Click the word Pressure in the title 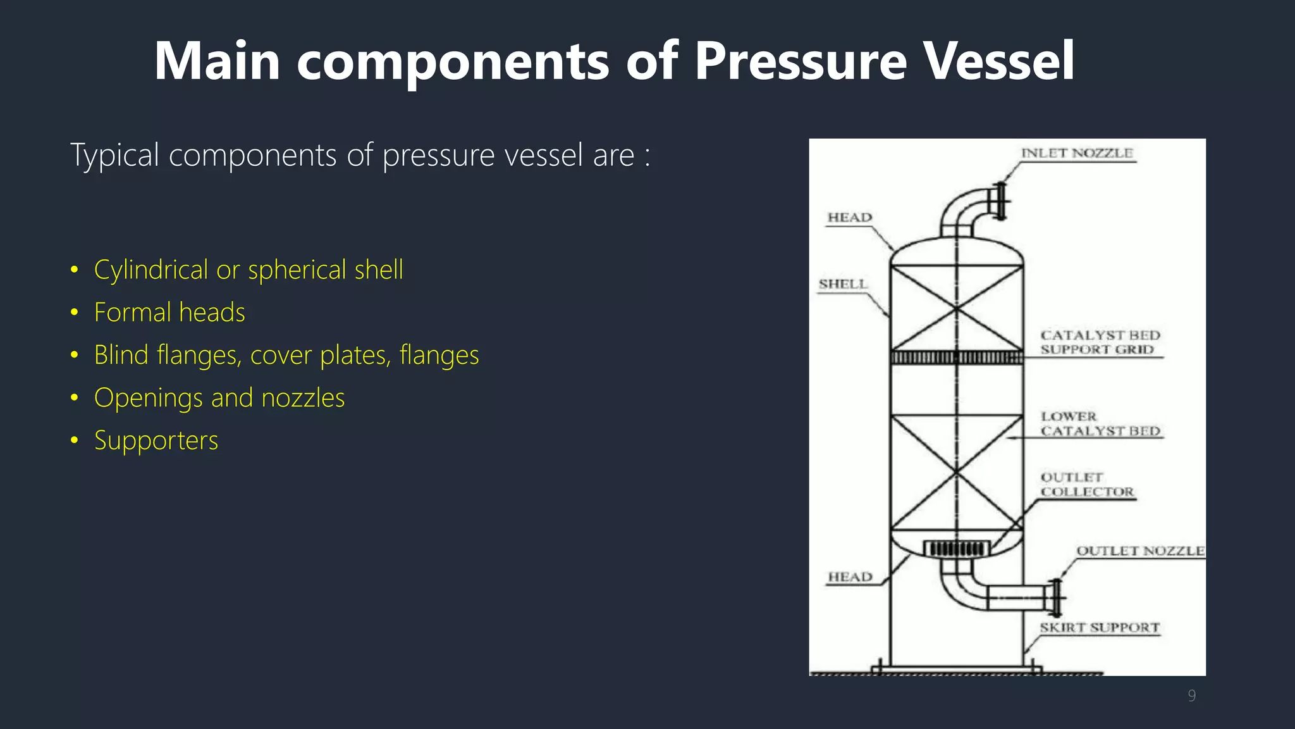[x=801, y=61]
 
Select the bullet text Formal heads [x=169, y=313]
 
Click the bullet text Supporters [x=156, y=440]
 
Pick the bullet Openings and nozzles [x=219, y=398]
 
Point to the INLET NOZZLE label [x=1077, y=153]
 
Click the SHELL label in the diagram [x=843, y=284]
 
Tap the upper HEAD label [x=850, y=218]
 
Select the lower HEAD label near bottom [x=850, y=577]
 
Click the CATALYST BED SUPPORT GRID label [x=1100, y=342]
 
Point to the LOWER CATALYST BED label [x=1100, y=424]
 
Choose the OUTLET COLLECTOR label [x=1087, y=485]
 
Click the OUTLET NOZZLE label [x=1140, y=551]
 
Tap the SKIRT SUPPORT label [x=1100, y=628]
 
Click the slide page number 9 [x=1191, y=696]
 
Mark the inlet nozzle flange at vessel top [x=1000, y=201]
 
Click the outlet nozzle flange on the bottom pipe [x=1055, y=597]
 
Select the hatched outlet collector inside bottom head [x=956, y=549]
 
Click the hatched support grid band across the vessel [x=956, y=358]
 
